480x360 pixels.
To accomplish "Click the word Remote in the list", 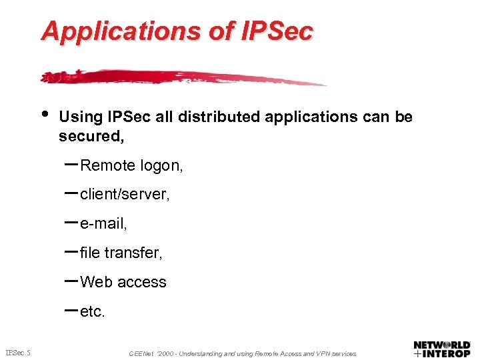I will point(107,166).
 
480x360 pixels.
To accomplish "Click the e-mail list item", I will point(103,224).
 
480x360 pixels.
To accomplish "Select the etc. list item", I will point(93,311).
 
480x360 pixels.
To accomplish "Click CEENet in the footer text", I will point(141,353).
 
